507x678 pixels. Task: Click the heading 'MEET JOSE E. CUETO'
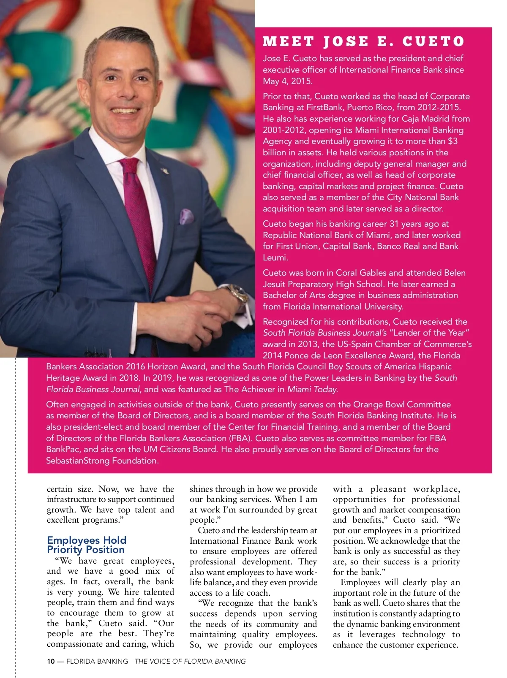pyautogui.click(x=363, y=41)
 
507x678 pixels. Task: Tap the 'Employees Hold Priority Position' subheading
pyautogui.click(x=86, y=545)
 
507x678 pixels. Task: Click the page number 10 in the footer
pyautogui.click(x=51, y=662)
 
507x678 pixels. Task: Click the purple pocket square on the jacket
pyautogui.click(x=186, y=216)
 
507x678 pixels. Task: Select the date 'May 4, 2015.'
pyautogui.click(x=288, y=81)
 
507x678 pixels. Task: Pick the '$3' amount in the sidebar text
pyautogui.click(x=452, y=141)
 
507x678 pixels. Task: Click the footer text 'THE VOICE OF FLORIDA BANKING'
pyautogui.click(x=190, y=662)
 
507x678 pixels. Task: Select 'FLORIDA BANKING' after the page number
pyautogui.click(x=97, y=662)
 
